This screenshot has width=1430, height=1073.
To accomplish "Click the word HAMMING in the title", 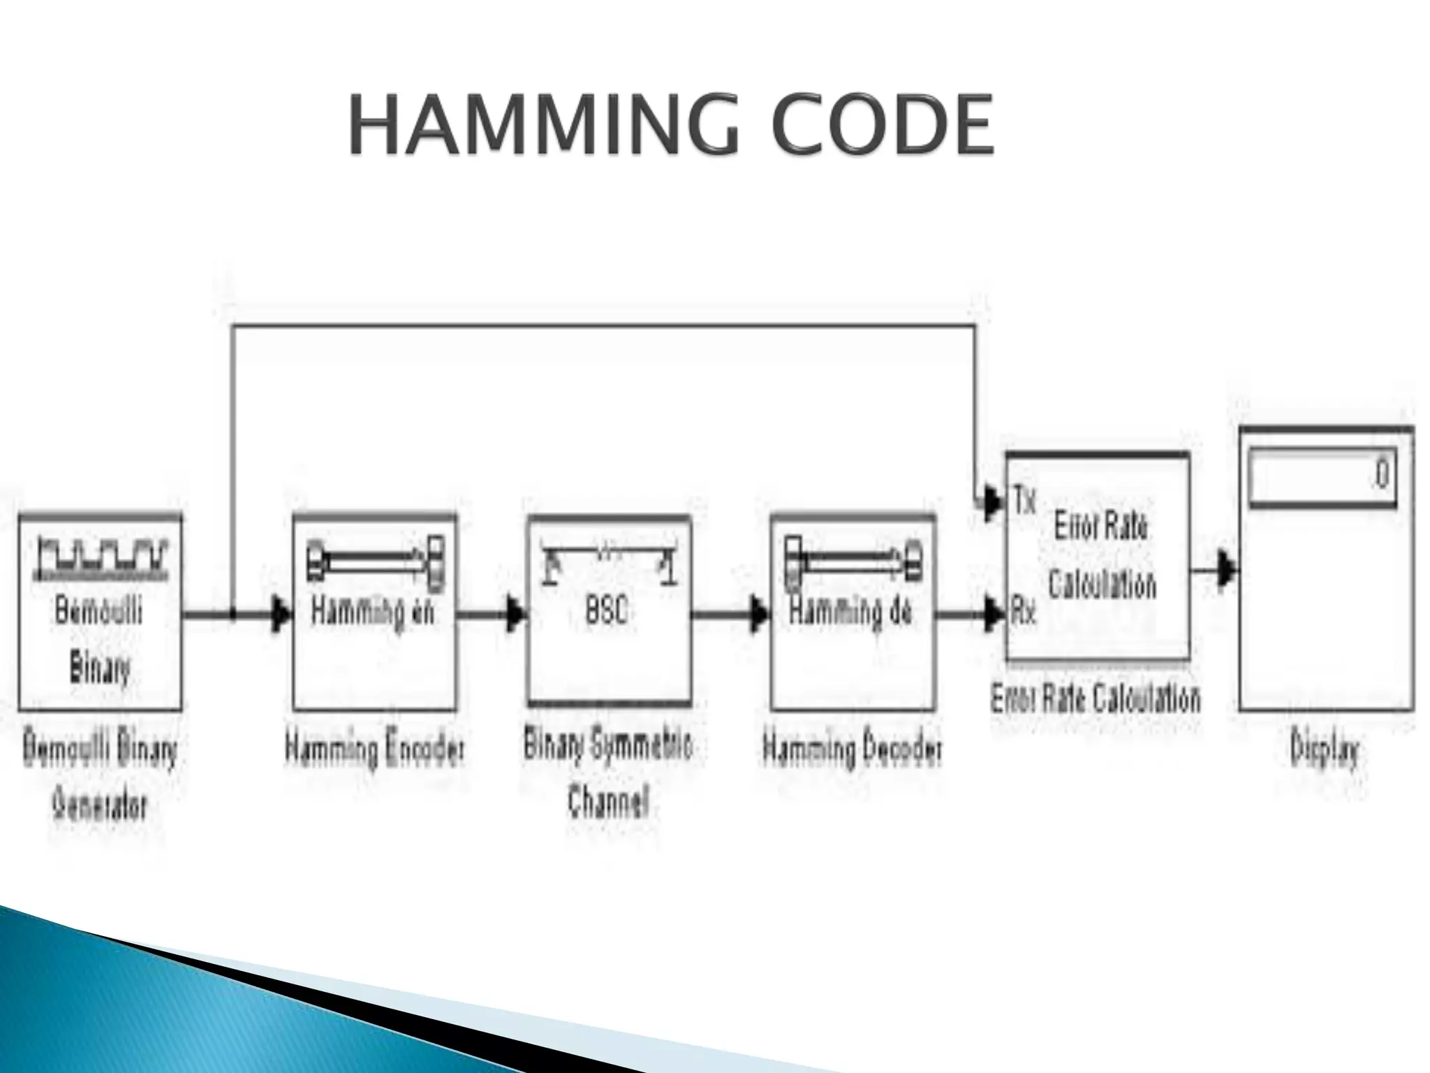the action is point(543,126).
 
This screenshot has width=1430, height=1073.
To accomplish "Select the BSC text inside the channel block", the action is point(606,612).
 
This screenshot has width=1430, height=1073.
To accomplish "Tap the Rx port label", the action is point(1024,614).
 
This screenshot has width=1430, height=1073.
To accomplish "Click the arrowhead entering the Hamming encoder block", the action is point(281,615).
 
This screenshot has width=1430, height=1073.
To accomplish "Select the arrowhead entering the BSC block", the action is point(516,615).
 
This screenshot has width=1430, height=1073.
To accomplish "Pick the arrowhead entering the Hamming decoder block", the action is point(760,615).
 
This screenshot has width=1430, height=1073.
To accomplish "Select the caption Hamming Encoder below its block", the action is point(374,750).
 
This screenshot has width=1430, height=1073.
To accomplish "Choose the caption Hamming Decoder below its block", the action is point(852,750).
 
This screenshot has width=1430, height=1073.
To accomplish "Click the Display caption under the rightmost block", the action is point(1325,752).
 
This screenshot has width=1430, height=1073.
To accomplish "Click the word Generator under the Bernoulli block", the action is point(100,807).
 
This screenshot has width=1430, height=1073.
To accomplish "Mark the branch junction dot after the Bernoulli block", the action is point(233,615).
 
